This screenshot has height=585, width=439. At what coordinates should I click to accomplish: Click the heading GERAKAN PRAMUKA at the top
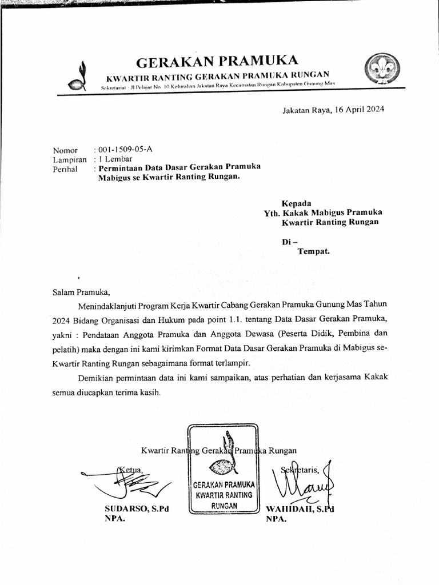pyautogui.click(x=217, y=61)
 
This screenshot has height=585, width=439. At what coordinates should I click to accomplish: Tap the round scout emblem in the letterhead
pyautogui.click(x=382, y=69)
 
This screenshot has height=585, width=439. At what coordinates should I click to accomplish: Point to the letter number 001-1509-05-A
pyautogui.click(x=125, y=150)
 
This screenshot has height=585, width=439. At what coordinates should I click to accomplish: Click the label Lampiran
pyautogui.click(x=70, y=160)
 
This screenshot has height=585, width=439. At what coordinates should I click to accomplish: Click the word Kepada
pyautogui.click(x=296, y=203)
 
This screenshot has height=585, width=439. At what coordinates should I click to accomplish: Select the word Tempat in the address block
pyautogui.click(x=313, y=251)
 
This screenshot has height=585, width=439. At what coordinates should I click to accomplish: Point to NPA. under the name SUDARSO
pyautogui.click(x=114, y=519)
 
